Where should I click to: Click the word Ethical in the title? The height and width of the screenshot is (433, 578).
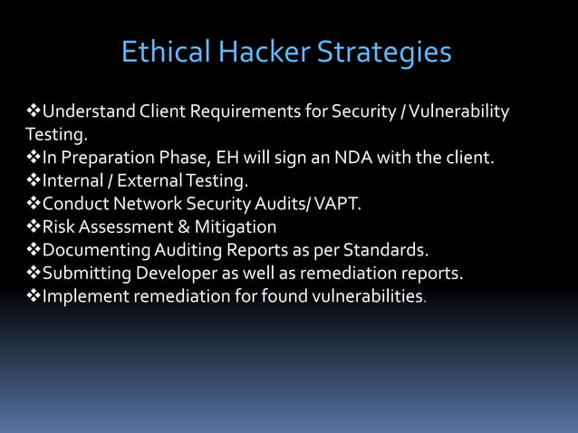[x=166, y=53]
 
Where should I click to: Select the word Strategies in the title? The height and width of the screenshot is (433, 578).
[x=383, y=53]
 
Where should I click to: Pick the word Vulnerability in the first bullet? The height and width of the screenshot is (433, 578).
[x=461, y=112]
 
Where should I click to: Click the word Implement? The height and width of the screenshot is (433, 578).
[x=83, y=295]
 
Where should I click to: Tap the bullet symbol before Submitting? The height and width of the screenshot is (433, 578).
[x=34, y=273]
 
